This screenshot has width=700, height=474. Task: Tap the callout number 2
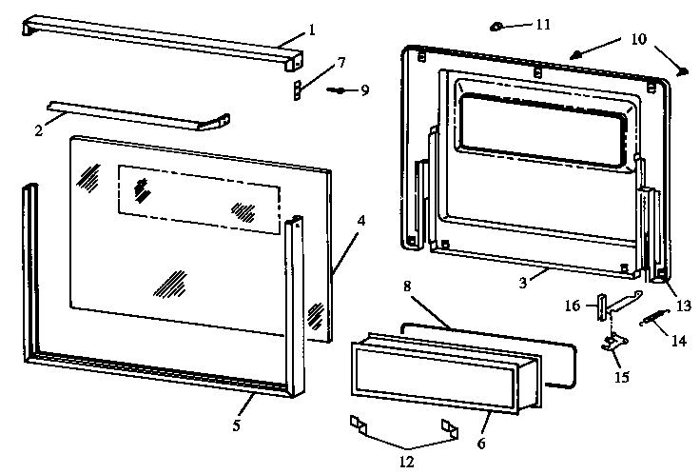click(39, 129)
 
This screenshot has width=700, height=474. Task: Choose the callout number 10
click(637, 40)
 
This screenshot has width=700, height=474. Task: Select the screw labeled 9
click(339, 90)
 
